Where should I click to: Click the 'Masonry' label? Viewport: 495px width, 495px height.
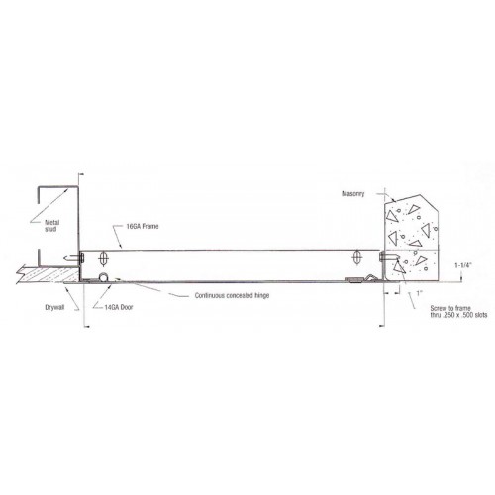point(352,194)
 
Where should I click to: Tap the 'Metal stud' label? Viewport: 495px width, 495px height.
point(51,226)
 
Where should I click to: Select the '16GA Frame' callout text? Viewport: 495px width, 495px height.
point(143,226)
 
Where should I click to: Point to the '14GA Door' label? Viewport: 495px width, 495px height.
point(119,307)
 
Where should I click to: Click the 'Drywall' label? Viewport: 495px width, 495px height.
point(54,308)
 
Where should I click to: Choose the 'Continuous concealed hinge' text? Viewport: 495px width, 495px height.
point(232,295)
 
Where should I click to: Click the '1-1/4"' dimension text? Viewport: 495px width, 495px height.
point(463,265)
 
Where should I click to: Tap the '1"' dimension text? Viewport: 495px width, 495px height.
point(420,293)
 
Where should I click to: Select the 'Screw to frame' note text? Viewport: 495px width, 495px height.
point(450,308)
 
